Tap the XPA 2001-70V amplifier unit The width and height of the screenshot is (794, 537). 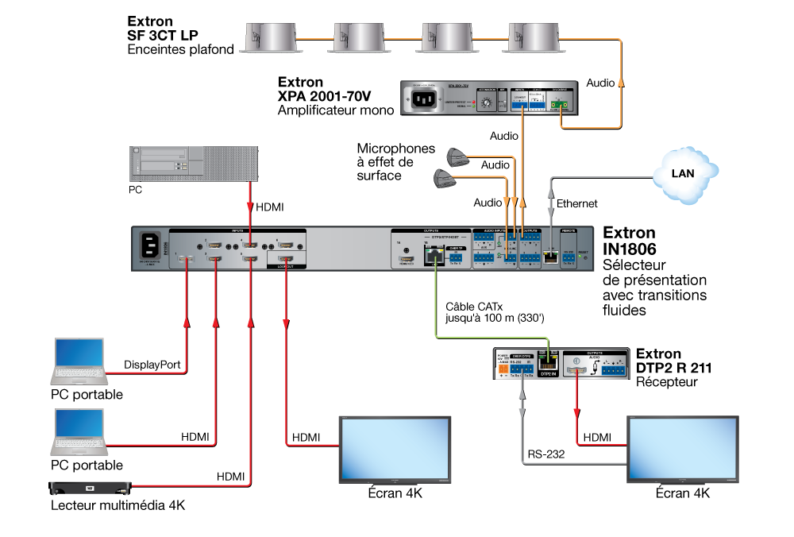pos(493,101)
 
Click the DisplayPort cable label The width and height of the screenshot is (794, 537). pos(153,365)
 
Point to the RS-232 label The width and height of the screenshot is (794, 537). pos(545,456)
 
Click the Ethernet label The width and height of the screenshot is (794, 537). pos(577,204)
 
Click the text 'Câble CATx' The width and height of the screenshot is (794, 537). pos(473,306)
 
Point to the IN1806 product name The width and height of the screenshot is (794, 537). pos(630,249)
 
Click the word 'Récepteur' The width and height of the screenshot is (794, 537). pos(667,382)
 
